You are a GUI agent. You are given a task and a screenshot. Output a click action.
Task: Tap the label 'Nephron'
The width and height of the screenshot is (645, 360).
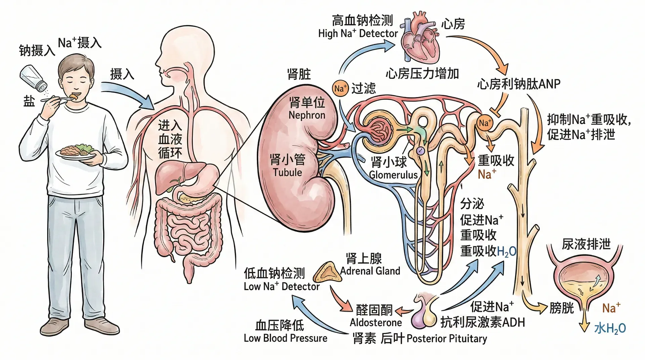tap(307, 115)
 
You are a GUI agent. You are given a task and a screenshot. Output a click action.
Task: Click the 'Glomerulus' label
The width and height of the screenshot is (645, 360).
tap(393, 175)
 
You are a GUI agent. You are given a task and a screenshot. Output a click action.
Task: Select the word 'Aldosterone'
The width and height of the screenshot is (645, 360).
tap(376, 323)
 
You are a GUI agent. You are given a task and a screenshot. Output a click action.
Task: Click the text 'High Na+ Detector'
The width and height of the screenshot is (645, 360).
tap(358, 34)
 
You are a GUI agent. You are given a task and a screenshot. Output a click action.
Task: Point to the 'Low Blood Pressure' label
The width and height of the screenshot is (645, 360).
tap(285, 338)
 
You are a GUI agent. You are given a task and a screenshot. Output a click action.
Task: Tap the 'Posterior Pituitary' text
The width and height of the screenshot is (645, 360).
tap(446, 339)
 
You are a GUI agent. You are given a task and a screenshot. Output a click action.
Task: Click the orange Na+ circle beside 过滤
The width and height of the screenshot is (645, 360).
tap(340, 89)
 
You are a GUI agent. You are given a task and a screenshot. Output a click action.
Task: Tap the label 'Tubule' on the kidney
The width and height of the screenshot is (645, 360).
tap(287, 173)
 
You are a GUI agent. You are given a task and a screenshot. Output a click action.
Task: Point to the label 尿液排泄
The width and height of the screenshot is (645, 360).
tap(586, 244)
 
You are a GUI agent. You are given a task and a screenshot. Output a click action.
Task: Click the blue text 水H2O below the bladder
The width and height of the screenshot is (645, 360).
tap(610, 328)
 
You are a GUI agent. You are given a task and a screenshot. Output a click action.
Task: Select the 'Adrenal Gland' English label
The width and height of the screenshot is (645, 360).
tap(370, 271)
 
